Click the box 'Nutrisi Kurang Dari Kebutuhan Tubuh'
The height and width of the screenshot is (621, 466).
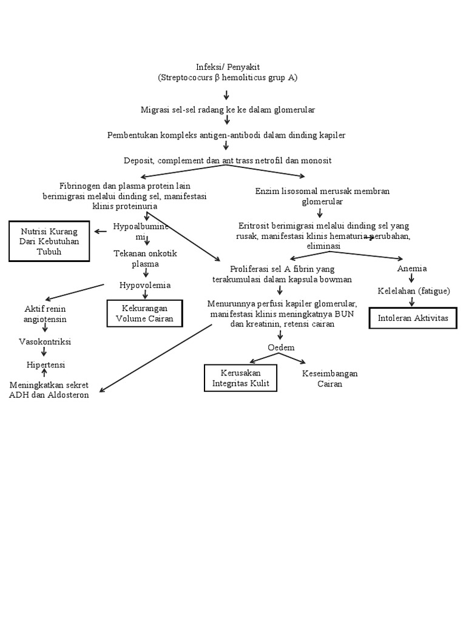[x=49, y=241]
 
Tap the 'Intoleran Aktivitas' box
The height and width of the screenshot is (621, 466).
[x=413, y=317]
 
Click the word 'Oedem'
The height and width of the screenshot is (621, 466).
[x=281, y=347]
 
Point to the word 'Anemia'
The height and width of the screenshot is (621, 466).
[x=411, y=268]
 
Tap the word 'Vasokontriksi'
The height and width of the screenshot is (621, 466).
[x=45, y=341]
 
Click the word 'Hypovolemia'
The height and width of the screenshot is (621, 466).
[x=145, y=285]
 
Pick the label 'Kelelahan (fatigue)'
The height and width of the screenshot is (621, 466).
[x=413, y=291]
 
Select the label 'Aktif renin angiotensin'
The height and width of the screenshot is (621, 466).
[x=46, y=314]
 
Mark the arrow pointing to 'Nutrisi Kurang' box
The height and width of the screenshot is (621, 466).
[x=101, y=231]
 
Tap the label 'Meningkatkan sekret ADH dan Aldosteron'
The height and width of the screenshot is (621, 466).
[x=49, y=389]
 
